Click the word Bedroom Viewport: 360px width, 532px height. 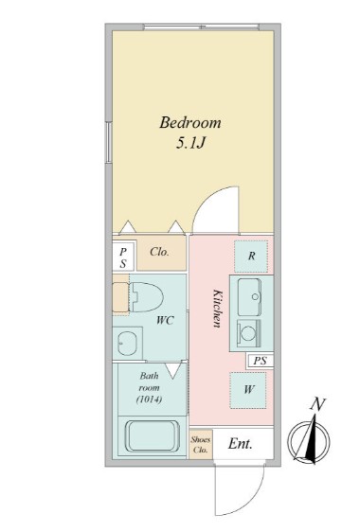190,122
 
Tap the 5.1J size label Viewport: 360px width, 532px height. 190,144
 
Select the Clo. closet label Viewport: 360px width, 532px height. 159,252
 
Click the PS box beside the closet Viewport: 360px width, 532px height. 123,257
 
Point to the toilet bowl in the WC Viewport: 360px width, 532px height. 147,297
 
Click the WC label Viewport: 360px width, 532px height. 166,320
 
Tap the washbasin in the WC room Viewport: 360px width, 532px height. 127,343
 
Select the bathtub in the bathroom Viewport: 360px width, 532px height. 153,436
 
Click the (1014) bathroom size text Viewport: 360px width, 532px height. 149,399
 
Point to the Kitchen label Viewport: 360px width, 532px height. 217,308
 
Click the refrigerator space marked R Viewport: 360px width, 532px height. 251,257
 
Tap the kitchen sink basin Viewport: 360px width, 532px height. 249,297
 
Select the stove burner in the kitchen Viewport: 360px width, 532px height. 248,334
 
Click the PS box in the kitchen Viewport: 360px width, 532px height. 260,361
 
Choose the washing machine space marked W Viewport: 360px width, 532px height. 248,390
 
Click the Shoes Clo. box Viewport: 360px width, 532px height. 201,445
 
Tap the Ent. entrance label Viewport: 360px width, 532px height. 240,443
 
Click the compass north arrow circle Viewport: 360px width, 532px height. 309,440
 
